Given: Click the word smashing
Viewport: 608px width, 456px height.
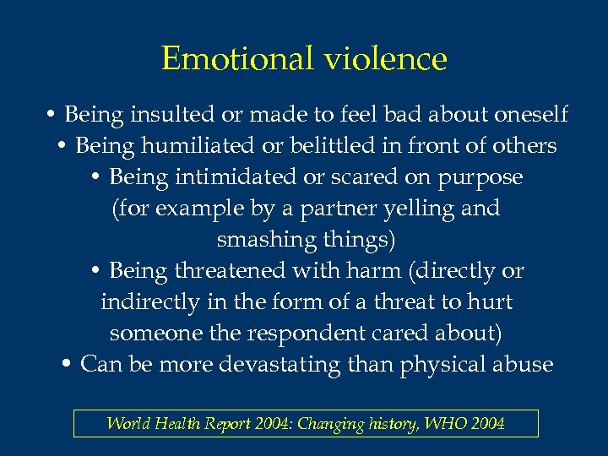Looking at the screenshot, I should [265, 240].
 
